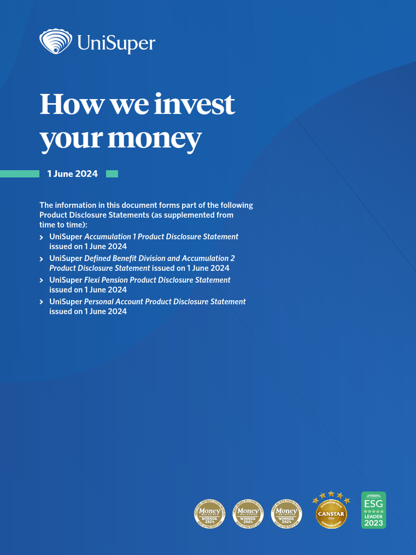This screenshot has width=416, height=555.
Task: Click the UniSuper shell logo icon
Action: (55, 42)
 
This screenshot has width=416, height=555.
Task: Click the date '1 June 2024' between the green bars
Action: (73, 174)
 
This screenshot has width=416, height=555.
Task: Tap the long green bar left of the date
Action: (19, 174)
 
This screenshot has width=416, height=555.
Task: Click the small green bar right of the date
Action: (112, 174)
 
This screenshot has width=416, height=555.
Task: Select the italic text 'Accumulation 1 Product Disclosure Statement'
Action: (161, 237)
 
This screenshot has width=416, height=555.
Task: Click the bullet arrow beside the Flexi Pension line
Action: (42, 281)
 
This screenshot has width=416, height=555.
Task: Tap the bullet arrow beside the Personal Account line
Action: (42, 302)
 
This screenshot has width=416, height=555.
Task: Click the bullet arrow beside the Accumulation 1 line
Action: (42, 237)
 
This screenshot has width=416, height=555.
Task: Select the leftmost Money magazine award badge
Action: (210, 513)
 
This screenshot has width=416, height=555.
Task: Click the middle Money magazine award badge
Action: (248, 513)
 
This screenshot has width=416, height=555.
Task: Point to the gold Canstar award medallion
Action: (331, 513)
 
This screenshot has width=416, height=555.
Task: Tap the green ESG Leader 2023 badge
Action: (374, 510)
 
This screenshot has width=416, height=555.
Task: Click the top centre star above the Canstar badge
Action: (331, 494)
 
